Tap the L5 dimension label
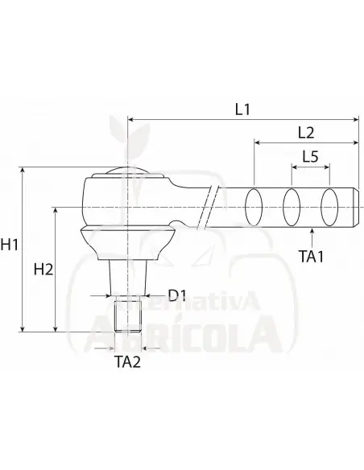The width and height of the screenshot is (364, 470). [309, 157]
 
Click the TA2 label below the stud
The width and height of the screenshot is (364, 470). [126, 361]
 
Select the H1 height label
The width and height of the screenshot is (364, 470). [11, 244]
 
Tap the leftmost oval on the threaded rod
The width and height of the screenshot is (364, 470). [254, 208]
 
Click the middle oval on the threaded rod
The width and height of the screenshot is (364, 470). [292, 208]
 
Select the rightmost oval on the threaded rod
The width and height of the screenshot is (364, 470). [329, 208]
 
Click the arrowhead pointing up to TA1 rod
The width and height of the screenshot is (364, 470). [312, 233]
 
